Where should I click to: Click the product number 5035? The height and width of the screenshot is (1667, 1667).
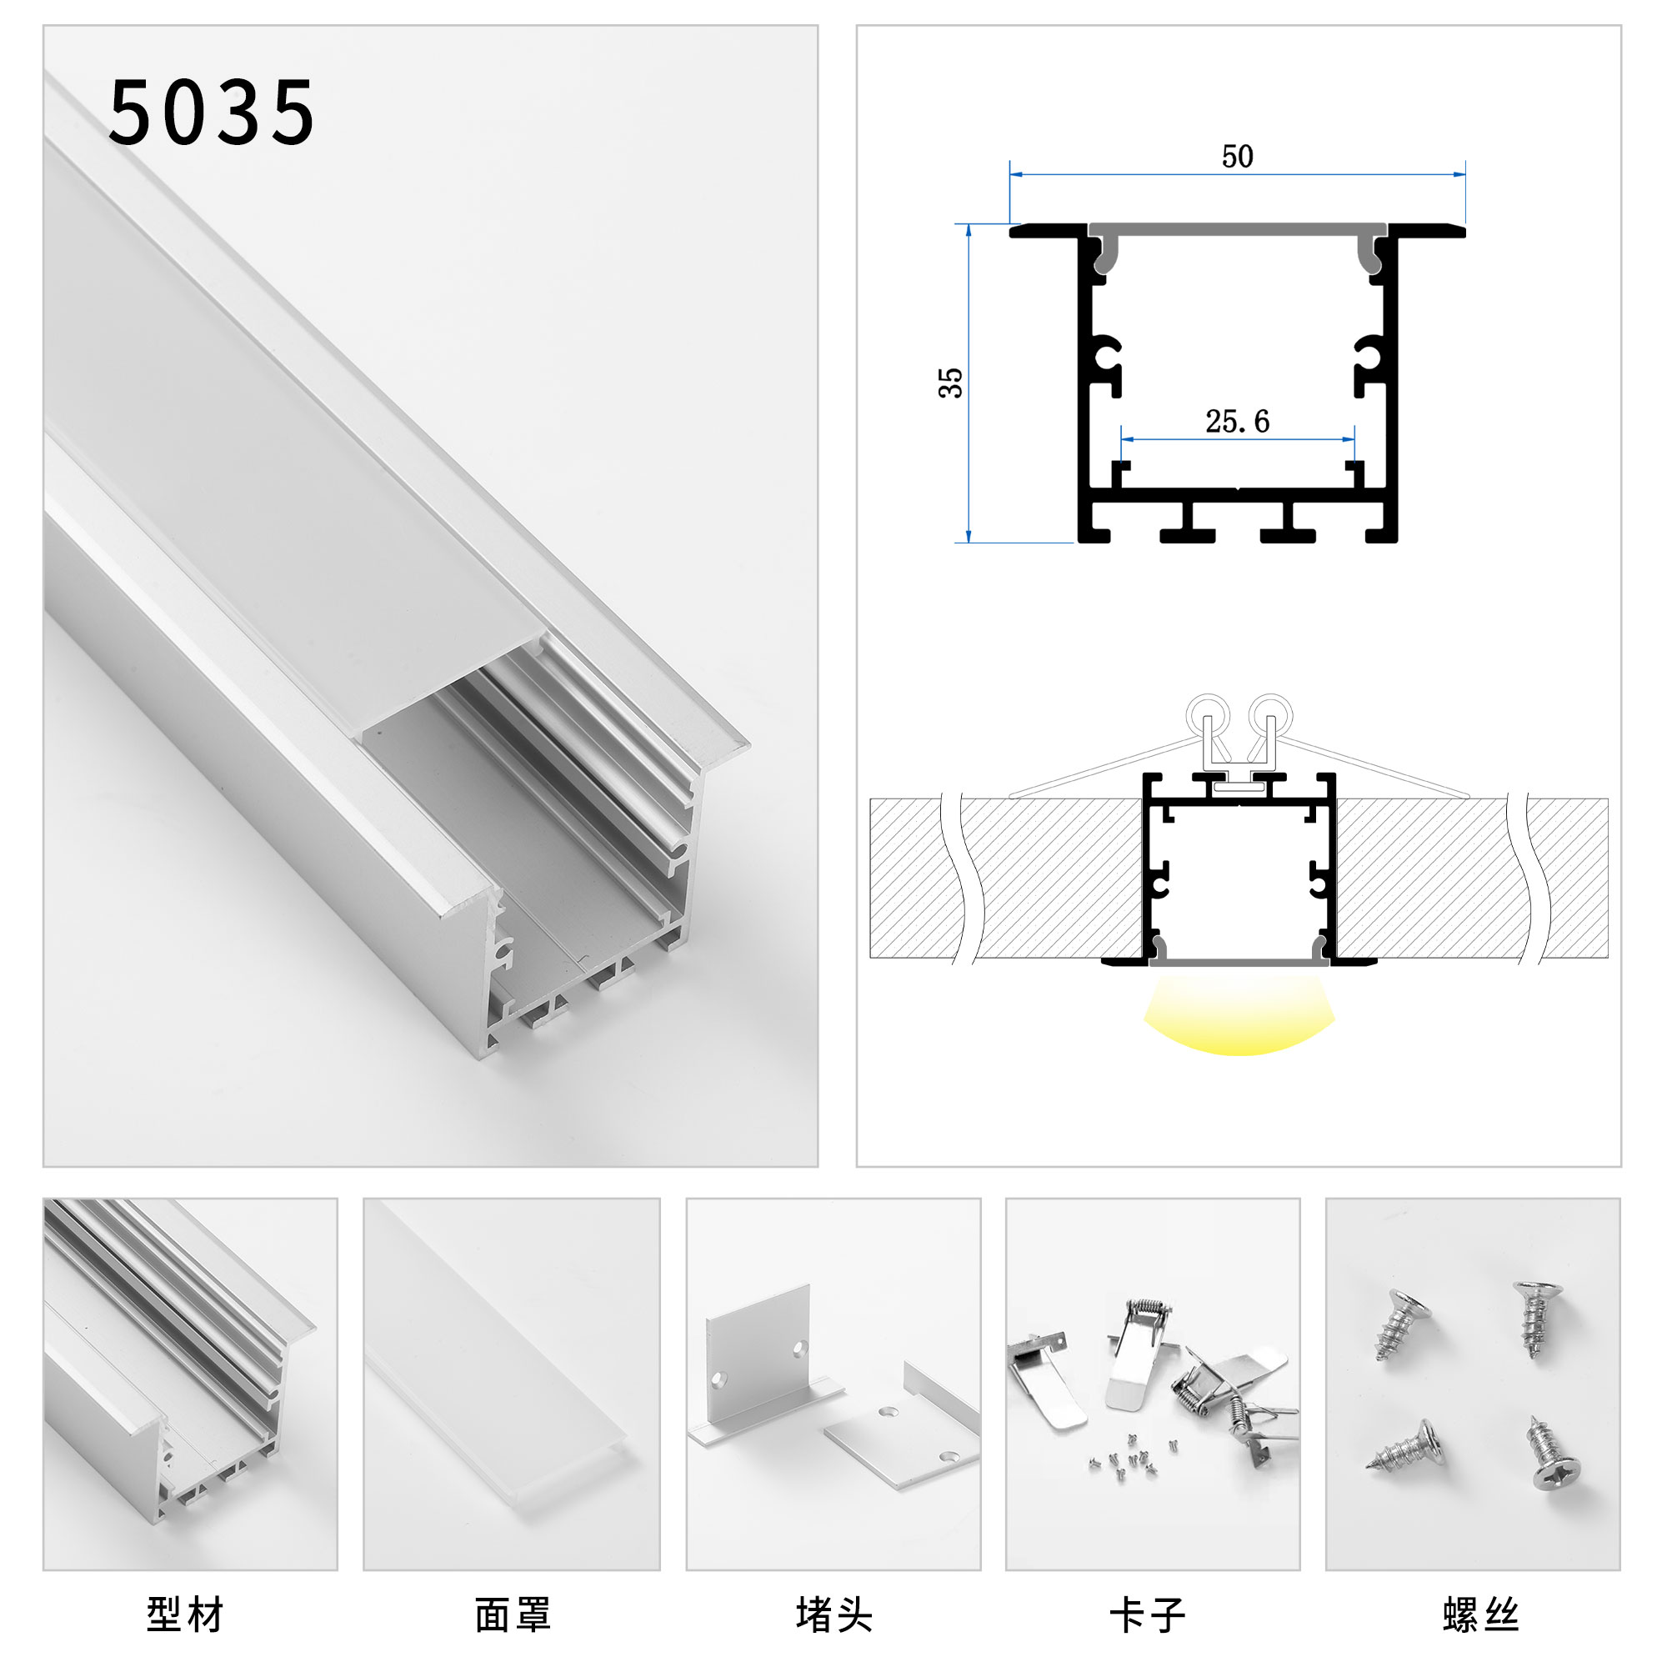coord(212,113)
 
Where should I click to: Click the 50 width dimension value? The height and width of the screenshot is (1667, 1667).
coord(1237,156)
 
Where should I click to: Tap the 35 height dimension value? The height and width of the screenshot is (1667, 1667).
coord(950,383)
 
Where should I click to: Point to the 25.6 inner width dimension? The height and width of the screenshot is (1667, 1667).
coord(1237,421)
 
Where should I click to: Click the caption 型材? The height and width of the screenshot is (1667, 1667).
coord(186,1614)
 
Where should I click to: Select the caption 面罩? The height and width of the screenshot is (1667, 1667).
coord(513,1614)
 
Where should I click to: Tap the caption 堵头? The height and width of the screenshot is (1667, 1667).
coord(833,1614)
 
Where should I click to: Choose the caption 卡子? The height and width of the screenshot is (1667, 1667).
coord(1148,1614)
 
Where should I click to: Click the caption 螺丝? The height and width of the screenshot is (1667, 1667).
coord(1480,1614)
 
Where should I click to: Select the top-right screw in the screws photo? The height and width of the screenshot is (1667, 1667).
coord(1537,1319)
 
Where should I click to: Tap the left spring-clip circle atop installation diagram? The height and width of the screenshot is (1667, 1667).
coord(1208,714)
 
